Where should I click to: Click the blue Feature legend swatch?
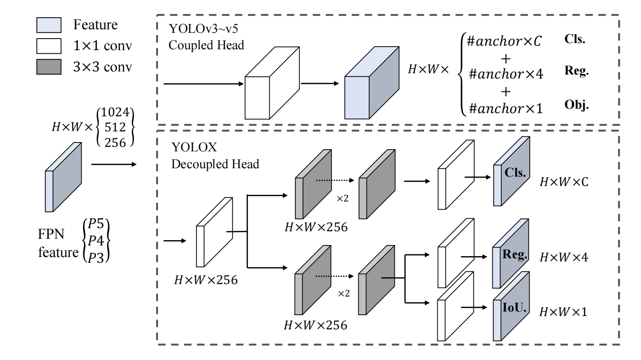tap(49, 25)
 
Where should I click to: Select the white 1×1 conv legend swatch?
tap(49, 46)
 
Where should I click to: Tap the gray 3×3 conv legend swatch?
tap(49, 67)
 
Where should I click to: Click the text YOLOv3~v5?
tap(204, 29)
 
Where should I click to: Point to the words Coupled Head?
tap(206, 45)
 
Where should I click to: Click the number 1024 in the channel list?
tap(115, 112)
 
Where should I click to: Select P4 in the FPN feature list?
tap(96, 241)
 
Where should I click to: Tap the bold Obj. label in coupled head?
tap(576, 105)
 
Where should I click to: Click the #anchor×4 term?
tap(506, 74)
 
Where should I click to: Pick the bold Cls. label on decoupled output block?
tap(515, 173)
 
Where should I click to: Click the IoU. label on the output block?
tap(515, 308)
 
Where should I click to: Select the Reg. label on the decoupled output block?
tap(515, 254)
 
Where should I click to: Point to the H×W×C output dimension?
tap(564, 182)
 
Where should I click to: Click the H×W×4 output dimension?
tap(564, 257)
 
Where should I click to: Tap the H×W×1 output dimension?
tap(563, 312)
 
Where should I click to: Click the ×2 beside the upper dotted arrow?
tap(342, 198)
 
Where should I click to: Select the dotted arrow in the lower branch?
tap(335, 277)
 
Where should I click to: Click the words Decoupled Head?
tap(215, 164)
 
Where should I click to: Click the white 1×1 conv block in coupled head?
tap(272, 83)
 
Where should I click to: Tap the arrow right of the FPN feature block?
tap(114, 164)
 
